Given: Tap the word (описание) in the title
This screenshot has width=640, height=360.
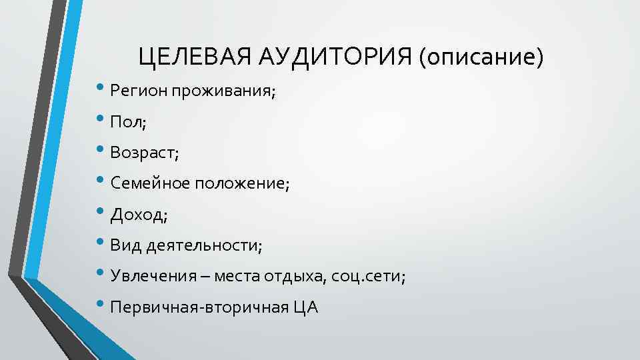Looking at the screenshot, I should [482, 58].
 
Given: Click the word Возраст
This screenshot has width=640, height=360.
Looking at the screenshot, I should [143, 153].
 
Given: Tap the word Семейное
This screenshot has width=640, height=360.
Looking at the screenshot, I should [151, 183].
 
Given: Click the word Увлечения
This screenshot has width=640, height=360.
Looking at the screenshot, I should [149, 277].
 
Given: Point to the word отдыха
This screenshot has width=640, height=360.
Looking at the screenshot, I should [295, 277].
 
